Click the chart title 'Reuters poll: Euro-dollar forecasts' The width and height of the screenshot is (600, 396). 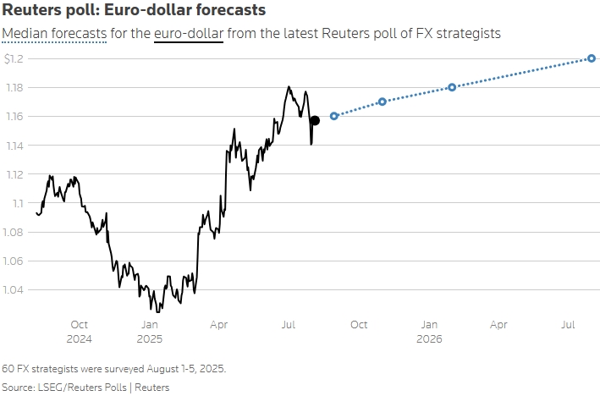135,11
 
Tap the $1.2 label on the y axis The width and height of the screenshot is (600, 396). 14,58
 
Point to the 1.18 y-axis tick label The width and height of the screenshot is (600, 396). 14,87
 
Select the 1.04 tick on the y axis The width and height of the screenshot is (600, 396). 14,290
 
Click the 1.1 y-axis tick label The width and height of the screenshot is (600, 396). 16,203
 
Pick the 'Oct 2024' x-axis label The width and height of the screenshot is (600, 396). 79,331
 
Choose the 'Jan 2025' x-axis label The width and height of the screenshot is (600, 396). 149,331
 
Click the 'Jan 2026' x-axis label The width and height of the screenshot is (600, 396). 429,331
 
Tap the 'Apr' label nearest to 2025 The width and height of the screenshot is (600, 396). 218,324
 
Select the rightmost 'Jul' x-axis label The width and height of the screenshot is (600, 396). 569,324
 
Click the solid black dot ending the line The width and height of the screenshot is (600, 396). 315,120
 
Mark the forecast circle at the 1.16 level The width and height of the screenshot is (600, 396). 334,116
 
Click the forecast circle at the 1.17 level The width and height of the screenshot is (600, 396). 382,102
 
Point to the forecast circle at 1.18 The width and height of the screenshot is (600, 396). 452,87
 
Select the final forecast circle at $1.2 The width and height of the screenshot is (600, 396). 592,58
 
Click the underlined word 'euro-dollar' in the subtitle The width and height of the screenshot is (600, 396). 189,34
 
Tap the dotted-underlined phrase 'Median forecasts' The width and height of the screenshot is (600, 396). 54,34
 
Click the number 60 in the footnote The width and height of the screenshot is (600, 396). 8,369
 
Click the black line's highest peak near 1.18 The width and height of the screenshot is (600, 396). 289,86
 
